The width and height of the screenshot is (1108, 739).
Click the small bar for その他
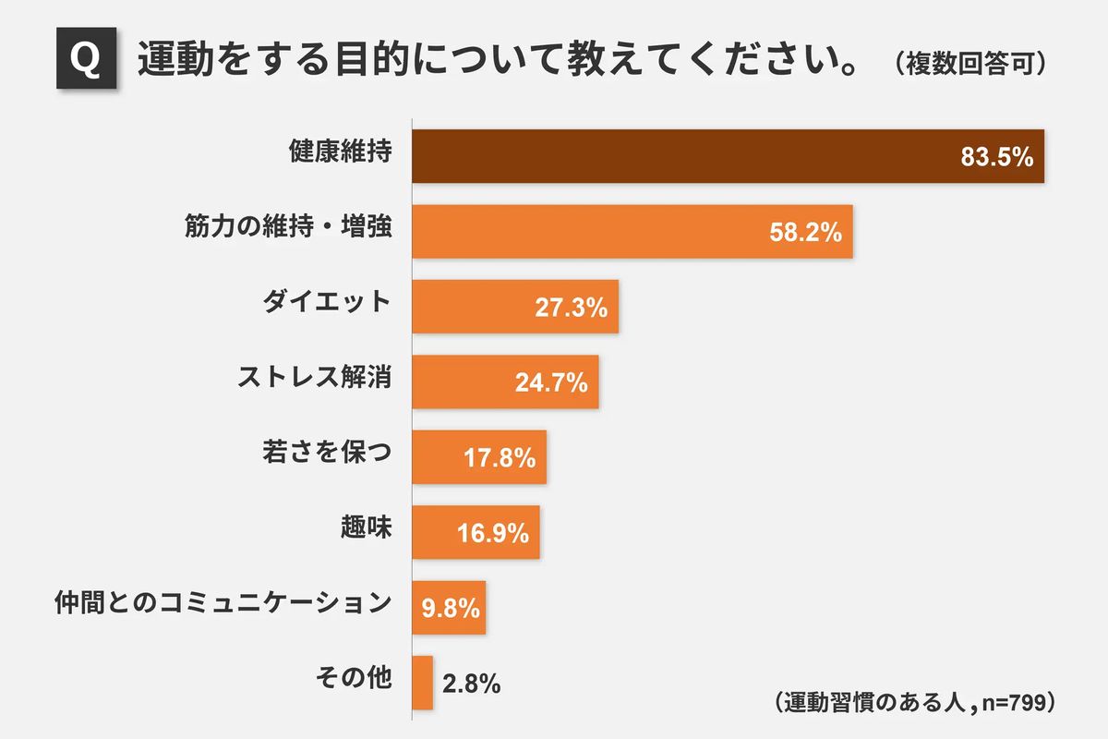tap(422, 683)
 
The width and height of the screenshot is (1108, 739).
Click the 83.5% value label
tap(995, 157)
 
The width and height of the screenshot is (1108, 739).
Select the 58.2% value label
tap(805, 233)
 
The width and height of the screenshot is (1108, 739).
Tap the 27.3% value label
tap(571, 308)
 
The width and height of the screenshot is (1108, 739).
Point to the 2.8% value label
tap(471, 684)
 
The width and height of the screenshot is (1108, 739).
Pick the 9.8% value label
tap(450, 608)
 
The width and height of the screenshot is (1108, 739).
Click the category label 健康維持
tap(341, 154)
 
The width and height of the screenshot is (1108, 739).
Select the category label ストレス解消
tap(314, 380)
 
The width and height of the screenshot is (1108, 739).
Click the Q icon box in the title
tap(86, 61)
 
